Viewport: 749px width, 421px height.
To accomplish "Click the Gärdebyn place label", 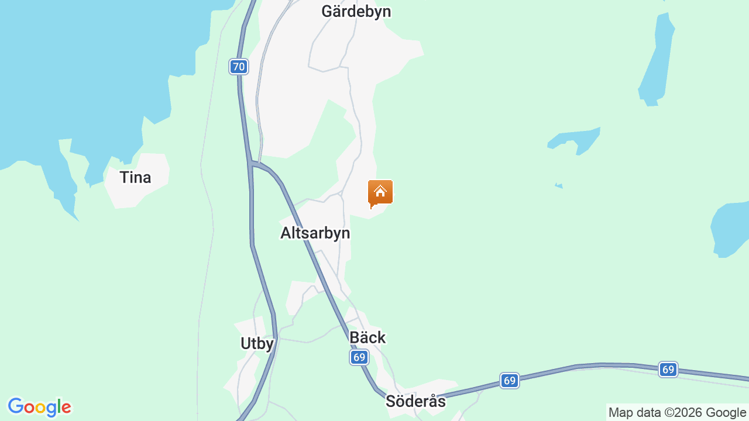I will pos(356,12).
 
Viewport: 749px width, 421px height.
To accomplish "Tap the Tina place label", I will pos(135,177).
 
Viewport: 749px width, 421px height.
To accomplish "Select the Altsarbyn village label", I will pos(315,233).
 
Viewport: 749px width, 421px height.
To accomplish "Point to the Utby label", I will pos(257,343).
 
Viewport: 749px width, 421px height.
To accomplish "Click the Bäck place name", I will pos(367,337).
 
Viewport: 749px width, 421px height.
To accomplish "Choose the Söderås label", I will pos(415,402).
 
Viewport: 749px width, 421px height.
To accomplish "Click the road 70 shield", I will pos(238,67).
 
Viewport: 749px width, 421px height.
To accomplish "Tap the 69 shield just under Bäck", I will pos(359,357).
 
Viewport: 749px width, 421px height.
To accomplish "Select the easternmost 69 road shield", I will pos(668,370).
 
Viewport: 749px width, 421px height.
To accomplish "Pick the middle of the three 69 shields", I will pos(510,381).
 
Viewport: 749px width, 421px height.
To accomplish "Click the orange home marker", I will pos(380,192).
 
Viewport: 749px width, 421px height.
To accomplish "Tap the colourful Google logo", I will pos(39,407).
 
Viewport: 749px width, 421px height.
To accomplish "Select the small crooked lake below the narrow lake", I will pos(576,140).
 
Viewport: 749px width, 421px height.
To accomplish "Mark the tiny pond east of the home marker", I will pos(559,185).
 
